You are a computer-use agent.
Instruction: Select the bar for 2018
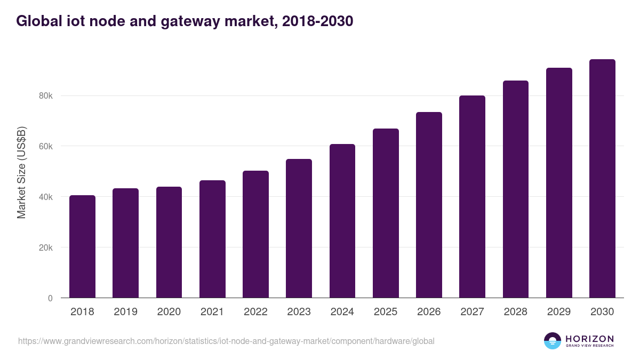82,246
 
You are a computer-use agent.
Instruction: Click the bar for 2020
169,242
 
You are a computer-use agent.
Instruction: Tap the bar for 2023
299,228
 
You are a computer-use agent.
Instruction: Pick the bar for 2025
386,213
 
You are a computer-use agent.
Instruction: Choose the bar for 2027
472,197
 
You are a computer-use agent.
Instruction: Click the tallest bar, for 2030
602,179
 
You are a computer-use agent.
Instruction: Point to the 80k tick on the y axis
45,96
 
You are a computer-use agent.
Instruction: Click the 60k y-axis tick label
45,147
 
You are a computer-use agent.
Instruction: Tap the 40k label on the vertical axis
45,197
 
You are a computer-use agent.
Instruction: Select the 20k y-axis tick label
45,248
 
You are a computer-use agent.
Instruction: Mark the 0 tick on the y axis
50,298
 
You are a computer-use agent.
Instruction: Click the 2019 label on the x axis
125,312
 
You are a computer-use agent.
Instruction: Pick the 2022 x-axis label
255,312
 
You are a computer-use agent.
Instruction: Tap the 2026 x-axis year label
429,312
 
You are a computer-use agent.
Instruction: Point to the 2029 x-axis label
559,312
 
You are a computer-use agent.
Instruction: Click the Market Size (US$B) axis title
21,172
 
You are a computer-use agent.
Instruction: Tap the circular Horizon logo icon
553,341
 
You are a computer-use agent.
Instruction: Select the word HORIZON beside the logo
589,339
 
